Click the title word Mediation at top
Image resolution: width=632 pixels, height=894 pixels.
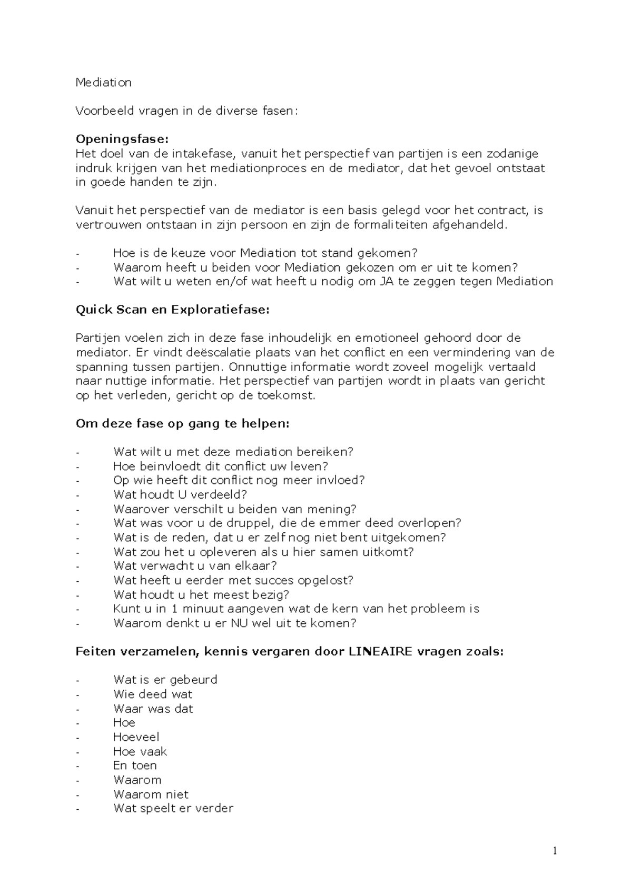click(103, 83)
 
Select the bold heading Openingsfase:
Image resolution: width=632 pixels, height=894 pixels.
click(122, 140)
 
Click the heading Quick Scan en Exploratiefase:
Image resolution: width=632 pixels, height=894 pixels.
click(172, 310)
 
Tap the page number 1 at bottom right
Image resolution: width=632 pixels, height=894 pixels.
click(555, 851)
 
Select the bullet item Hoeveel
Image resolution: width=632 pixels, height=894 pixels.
click(136, 737)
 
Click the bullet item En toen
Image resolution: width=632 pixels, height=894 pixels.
click(135, 766)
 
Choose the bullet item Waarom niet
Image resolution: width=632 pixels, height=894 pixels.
click(151, 794)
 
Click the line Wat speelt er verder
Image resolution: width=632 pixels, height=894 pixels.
click(173, 808)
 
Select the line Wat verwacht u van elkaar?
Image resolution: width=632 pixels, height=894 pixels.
click(195, 566)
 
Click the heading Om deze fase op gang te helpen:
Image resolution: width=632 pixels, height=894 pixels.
click(182, 424)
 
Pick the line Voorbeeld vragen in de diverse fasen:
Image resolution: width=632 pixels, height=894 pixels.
click(186, 111)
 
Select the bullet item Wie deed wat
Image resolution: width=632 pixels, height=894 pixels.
click(153, 694)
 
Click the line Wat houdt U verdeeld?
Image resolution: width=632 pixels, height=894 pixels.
click(180, 495)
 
